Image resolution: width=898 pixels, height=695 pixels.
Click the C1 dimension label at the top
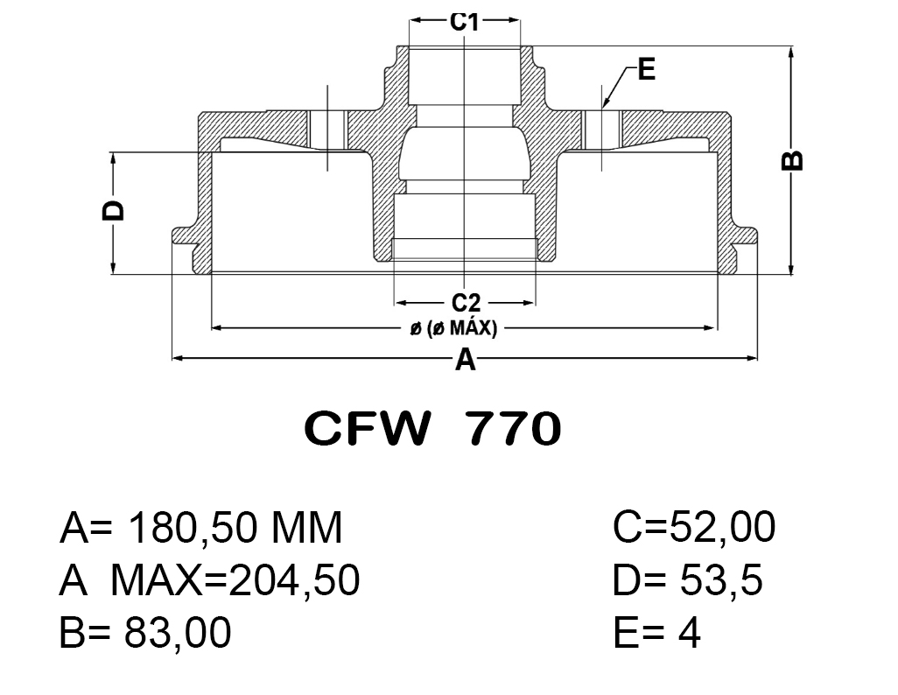tap(464, 22)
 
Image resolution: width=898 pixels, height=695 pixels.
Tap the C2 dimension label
tap(466, 303)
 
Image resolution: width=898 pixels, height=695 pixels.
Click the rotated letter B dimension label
tap(792, 160)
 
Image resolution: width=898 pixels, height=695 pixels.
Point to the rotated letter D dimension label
tap(113, 210)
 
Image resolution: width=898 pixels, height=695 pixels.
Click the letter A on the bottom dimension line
tap(465, 361)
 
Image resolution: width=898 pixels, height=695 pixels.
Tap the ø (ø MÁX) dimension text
tap(453, 328)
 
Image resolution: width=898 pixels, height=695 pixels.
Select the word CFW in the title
tap(367, 429)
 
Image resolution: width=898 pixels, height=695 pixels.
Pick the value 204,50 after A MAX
tap(294, 579)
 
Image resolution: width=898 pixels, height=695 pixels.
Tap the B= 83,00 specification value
tap(145, 633)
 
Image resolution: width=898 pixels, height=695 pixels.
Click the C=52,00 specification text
tap(693, 527)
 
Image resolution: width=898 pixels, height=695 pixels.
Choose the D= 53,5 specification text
tap(687, 579)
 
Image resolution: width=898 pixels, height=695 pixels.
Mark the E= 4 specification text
tap(656, 633)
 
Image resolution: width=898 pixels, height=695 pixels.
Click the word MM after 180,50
tap(306, 528)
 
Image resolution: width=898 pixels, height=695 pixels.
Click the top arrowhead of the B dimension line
tap(791, 53)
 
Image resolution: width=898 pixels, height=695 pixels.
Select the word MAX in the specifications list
tap(157, 579)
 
